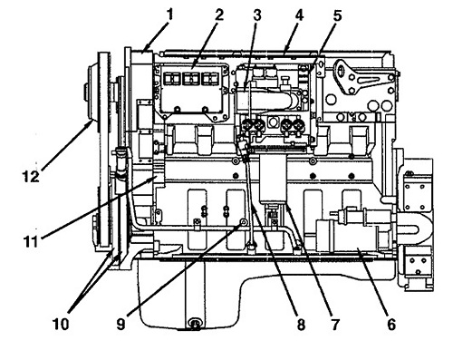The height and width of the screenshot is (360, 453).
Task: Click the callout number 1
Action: [x=170, y=14]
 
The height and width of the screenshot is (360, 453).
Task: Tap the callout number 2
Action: [x=219, y=14]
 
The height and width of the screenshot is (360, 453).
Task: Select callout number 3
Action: [x=257, y=15]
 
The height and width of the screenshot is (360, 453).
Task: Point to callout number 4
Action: [x=298, y=15]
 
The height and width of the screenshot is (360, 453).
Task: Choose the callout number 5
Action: [x=337, y=15]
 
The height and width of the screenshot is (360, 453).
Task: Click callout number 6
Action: [x=391, y=325]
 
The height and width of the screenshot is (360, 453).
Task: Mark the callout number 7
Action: [x=334, y=325]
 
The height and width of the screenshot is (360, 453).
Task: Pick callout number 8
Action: [x=301, y=325]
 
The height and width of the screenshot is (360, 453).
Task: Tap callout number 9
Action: [x=120, y=325]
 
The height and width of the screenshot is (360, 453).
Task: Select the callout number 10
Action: [x=61, y=324]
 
